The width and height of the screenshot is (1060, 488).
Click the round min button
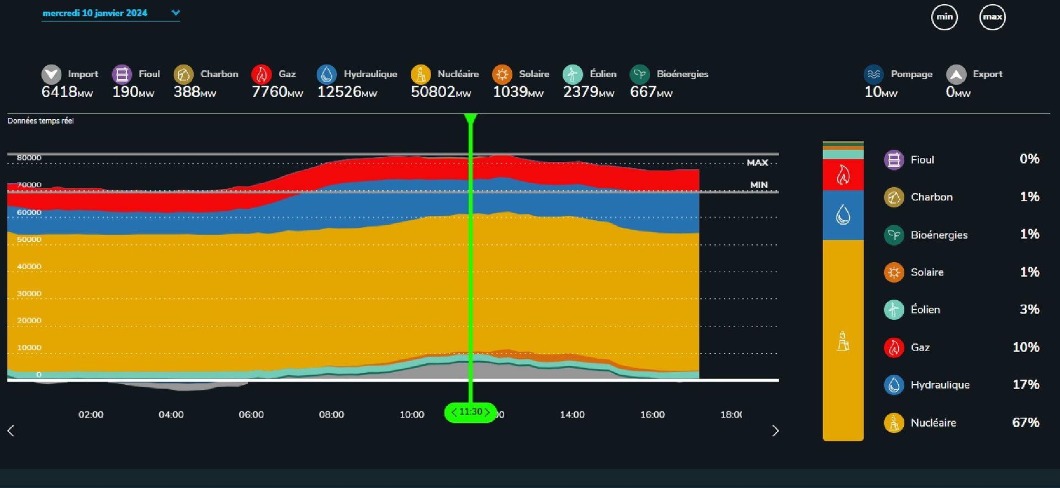pos(944,17)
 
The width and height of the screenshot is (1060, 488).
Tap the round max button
pos(992,17)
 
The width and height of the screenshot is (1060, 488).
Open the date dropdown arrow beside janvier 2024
pos(176,13)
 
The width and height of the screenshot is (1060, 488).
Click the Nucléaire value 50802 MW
pos(440,92)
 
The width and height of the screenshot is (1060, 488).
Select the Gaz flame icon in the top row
pos(261,74)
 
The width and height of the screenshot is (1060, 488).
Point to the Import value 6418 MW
pos(67,92)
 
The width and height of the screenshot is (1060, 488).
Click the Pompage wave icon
pos(873,74)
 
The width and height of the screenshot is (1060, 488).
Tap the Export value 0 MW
pos(957,92)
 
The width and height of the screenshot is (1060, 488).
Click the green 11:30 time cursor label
pos(470,412)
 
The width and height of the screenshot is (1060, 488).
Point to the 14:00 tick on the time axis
pos(572,415)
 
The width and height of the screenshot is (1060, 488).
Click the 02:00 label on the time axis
pos(91,415)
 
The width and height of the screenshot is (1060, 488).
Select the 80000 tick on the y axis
pos(29,158)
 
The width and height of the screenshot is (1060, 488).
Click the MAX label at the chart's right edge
pos(757,163)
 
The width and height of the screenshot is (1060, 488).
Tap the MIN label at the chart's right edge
pos(759,185)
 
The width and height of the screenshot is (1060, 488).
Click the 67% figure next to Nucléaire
pos(1025,423)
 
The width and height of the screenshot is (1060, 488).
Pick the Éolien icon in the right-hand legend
pos(894,310)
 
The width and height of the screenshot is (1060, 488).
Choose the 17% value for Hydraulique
pos(1025,385)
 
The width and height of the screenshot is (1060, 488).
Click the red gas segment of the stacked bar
pos(842,175)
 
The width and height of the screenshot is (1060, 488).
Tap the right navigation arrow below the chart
pos(775,431)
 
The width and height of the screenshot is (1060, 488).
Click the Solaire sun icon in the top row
pos(502,74)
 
